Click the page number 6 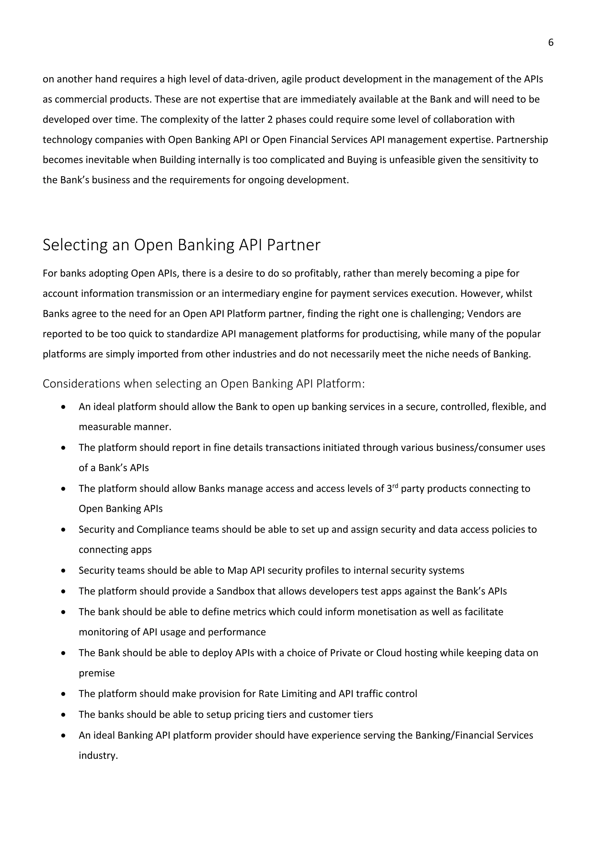551,42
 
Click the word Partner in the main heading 293,245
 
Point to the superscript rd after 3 395,486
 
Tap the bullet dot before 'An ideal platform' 63,407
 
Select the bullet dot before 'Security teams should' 63,571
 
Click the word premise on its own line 97,673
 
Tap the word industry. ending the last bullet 98,755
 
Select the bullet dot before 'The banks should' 63,715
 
